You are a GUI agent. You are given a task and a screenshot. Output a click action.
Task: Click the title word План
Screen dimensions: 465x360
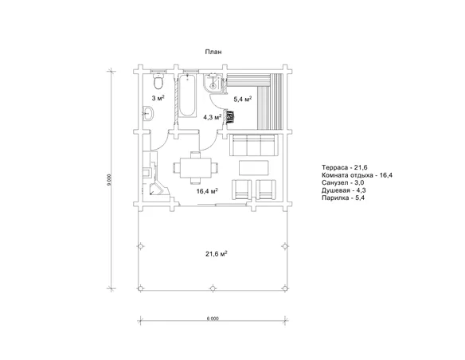tap(213, 52)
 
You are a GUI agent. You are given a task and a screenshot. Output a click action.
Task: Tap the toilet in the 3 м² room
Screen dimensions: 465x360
tap(158, 81)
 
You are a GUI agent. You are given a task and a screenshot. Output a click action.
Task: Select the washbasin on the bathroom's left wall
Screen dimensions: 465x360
tap(148, 113)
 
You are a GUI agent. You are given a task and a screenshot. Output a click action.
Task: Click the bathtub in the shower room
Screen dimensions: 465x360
tap(187, 96)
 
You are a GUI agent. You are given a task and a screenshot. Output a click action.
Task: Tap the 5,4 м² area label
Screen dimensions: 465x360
tap(243, 99)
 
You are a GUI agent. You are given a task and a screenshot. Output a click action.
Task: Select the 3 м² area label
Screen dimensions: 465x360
tap(158, 98)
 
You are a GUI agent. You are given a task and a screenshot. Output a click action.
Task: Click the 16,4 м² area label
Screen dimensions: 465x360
tap(207, 191)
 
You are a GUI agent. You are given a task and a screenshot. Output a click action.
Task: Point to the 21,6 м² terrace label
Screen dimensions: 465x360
tap(217, 254)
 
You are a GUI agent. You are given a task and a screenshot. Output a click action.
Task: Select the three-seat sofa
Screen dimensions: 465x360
tap(254, 145)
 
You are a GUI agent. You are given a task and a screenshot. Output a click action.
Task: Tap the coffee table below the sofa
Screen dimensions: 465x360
tap(254, 168)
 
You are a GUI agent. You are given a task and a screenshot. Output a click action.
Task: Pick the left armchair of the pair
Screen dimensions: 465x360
tap(242, 190)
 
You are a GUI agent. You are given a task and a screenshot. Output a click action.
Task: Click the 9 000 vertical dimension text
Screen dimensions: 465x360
tap(109, 180)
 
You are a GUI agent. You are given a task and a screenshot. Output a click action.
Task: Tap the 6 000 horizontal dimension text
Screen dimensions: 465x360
tap(213, 319)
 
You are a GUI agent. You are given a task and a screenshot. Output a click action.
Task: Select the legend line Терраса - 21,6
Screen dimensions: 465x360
tap(345, 167)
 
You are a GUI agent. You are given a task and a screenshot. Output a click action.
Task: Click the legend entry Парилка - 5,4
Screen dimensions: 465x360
tap(343, 198)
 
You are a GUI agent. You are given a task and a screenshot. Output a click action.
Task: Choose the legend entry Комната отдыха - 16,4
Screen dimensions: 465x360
tap(357, 175)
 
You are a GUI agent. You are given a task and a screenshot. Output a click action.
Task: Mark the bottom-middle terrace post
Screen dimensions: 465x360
tap(213, 288)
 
